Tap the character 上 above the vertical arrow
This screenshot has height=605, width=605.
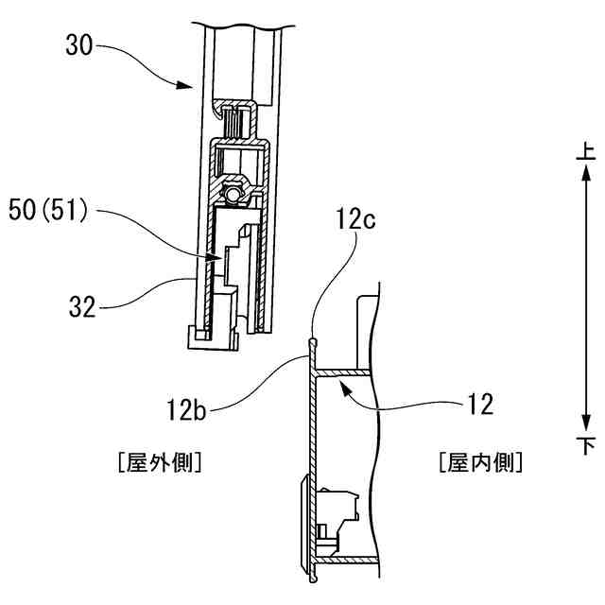point(585,150)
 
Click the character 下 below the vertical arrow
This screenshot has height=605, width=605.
point(585,445)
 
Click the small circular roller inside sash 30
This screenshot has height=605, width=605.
point(233,197)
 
